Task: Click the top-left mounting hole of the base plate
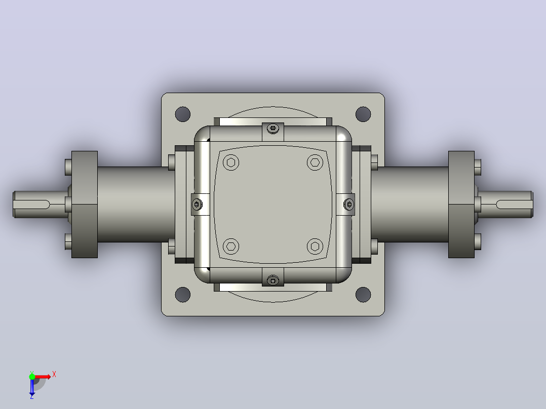tap(183, 114)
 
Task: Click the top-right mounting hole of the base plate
tap(363, 114)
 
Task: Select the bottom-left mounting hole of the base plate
tap(183, 295)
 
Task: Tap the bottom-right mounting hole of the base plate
tap(363, 295)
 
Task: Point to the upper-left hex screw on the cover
tap(231, 162)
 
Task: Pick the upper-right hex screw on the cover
tap(315, 162)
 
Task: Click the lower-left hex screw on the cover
tap(231, 247)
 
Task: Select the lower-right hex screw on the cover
tap(315, 247)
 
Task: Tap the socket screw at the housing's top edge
tap(273, 129)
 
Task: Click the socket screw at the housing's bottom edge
tap(273, 280)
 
